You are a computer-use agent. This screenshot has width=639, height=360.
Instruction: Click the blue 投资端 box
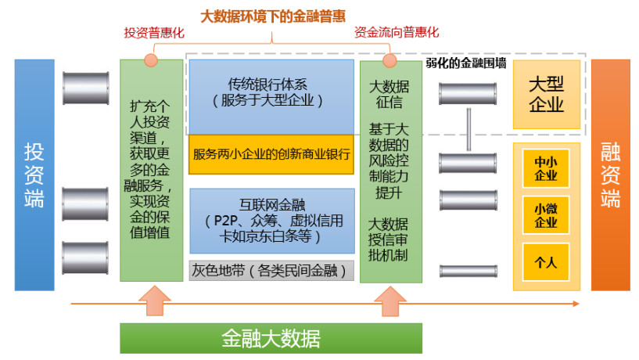coord(34,175)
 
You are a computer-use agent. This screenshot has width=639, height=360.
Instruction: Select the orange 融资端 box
coord(610,175)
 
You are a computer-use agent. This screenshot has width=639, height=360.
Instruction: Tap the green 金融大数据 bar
coord(271,338)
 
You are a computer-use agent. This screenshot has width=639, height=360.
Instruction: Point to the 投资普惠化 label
coord(153,33)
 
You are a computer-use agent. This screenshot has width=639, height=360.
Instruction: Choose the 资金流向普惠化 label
coord(397,33)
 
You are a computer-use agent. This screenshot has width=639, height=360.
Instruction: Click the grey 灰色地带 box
coord(271,271)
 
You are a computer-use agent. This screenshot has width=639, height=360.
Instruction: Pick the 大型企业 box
coord(546,95)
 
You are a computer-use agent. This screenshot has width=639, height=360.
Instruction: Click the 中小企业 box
coord(545,168)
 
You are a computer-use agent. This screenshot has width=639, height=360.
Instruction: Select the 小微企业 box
coord(545,215)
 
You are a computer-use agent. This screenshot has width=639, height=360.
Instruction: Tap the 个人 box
coord(545,262)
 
